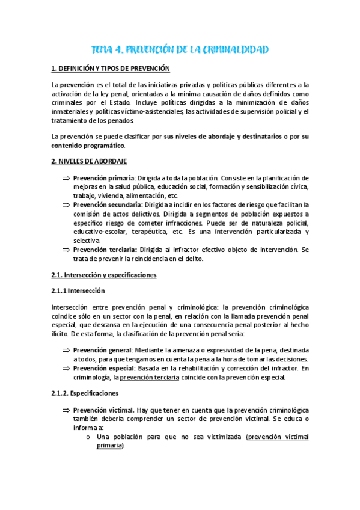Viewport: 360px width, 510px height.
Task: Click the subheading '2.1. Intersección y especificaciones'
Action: [x=104, y=275]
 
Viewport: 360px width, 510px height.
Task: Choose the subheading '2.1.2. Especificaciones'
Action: [x=85, y=393]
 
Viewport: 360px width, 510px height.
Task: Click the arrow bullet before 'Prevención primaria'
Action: [x=66, y=179]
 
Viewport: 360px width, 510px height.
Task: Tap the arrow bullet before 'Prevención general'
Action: [x=66, y=349]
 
